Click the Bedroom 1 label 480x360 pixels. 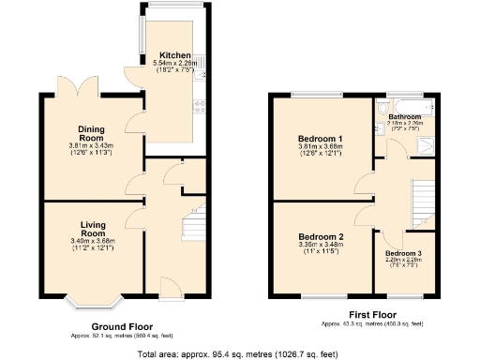point(320,140)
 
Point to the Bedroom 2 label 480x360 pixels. point(321,237)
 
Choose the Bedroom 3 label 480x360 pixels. point(404,254)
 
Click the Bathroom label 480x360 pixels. point(405,116)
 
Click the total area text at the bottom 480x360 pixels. point(238,354)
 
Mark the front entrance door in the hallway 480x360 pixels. point(165,285)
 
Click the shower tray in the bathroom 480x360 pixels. point(424,143)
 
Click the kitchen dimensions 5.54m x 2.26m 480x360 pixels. point(176,62)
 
